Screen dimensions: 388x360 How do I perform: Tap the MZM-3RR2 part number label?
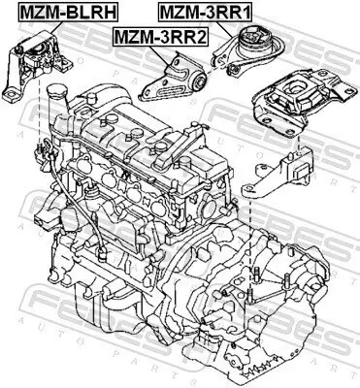coord(159,37)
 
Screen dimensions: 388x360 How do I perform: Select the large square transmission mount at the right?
coord(292,106)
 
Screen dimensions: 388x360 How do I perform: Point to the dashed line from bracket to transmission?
coord(249,223)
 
